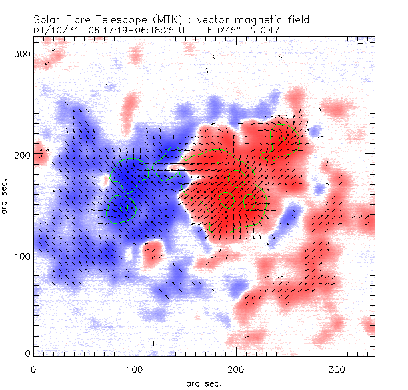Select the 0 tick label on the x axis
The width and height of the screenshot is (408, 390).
tap(33, 368)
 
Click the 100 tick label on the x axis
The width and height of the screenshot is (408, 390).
tap(135, 368)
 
